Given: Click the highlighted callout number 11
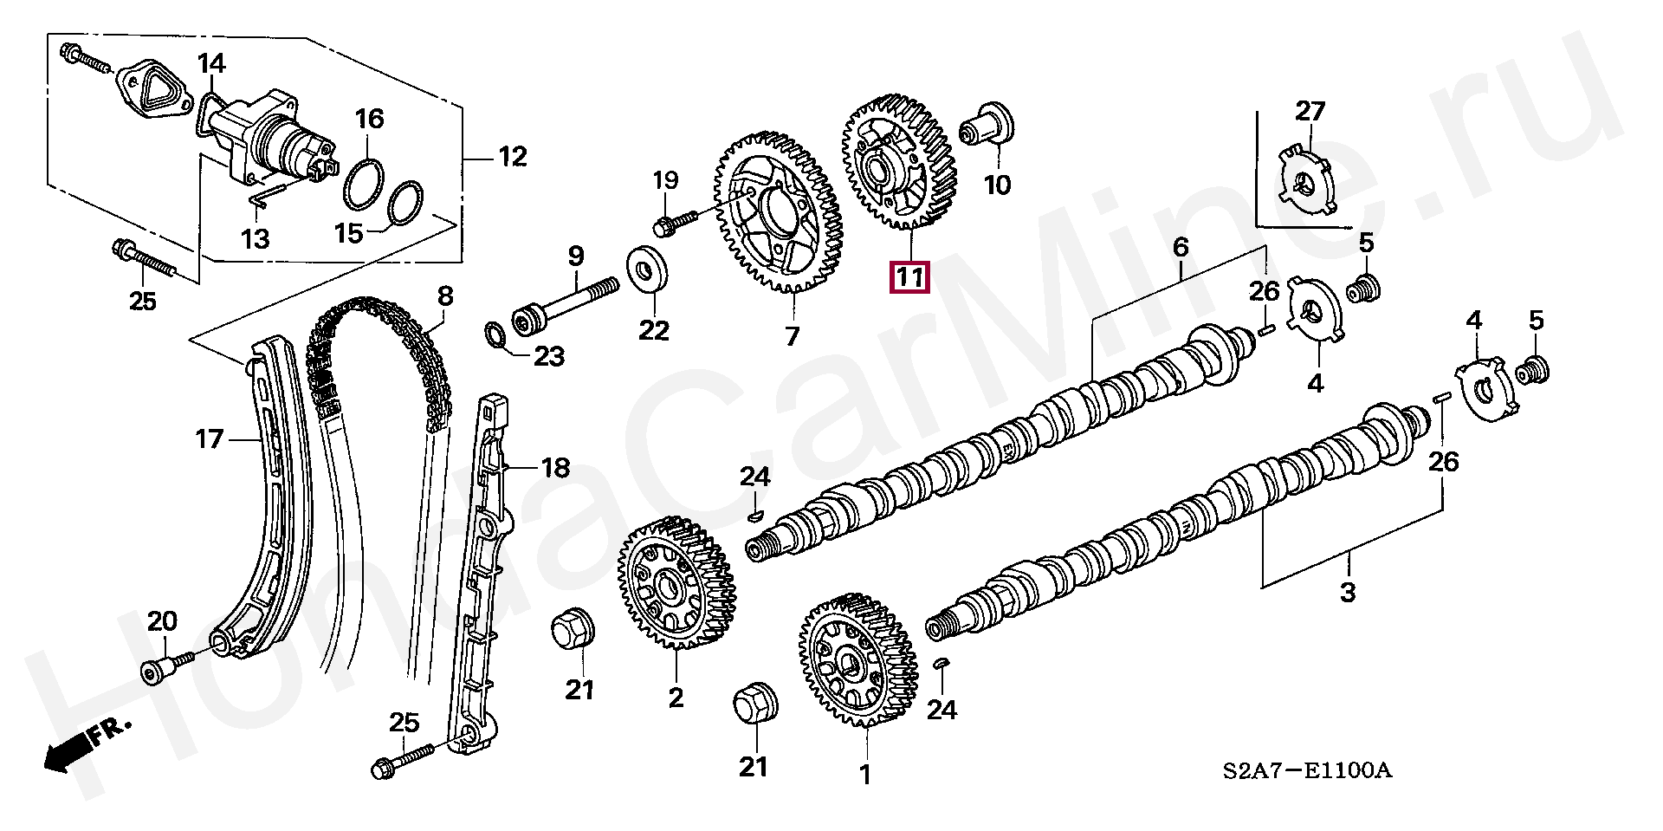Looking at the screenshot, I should point(909,277).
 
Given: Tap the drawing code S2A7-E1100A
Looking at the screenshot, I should point(1307,770).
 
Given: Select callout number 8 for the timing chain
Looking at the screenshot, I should point(445,296).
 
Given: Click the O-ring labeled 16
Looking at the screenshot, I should point(364,183).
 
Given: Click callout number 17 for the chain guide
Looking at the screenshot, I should point(209,439).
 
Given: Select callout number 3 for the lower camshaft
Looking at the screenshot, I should point(1347,593).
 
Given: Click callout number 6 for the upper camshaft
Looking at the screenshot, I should point(1181,248).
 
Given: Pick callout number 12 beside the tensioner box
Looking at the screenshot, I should point(513,157).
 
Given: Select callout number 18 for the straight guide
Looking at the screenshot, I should point(555,469).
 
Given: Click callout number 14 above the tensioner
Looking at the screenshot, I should point(211,64).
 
